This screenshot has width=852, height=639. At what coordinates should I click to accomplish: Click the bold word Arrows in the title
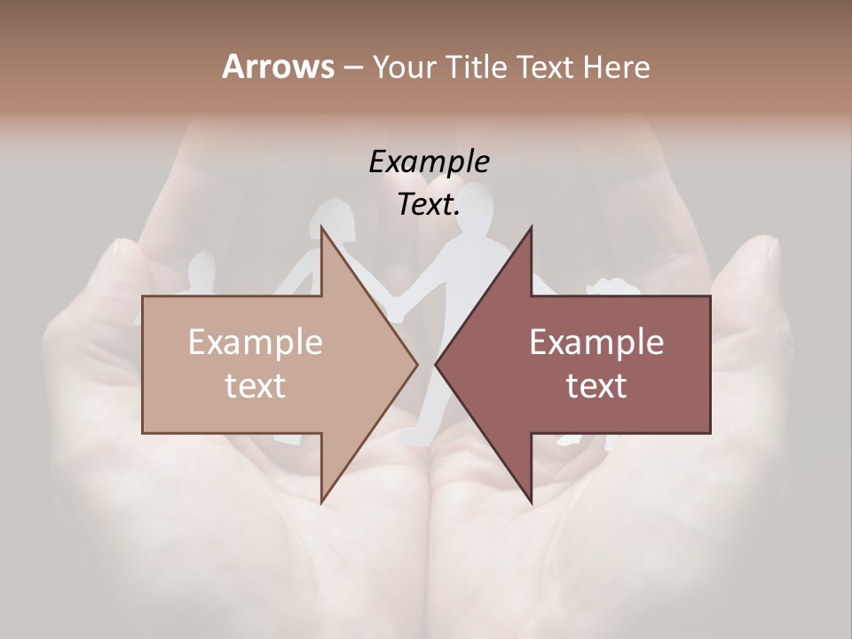click(278, 67)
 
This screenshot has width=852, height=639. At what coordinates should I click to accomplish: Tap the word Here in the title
click(617, 67)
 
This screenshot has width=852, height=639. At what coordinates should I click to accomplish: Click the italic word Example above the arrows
click(429, 162)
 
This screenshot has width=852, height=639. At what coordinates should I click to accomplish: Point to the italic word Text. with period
click(429, 204)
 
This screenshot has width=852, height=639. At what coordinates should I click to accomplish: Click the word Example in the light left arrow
click(255, 343)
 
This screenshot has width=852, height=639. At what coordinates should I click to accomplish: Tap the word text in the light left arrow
click(255, 385)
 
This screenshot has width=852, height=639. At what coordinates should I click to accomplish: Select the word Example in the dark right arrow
click(596, 343)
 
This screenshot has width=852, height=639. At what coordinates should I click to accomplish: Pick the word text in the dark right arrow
click(596, 385)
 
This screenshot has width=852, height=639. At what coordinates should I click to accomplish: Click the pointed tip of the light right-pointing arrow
click(417, 364)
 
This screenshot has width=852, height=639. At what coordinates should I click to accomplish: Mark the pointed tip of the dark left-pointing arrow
click(436, 364)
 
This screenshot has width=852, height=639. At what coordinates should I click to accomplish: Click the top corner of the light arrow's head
click(321, 227)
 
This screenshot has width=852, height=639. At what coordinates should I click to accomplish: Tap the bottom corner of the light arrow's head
click(321, 502)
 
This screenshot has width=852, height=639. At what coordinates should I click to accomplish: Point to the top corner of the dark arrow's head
click(531, 227)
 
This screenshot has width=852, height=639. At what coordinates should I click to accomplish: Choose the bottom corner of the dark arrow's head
click(531, 502)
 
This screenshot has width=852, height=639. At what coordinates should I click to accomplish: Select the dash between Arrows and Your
click(352, 68)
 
